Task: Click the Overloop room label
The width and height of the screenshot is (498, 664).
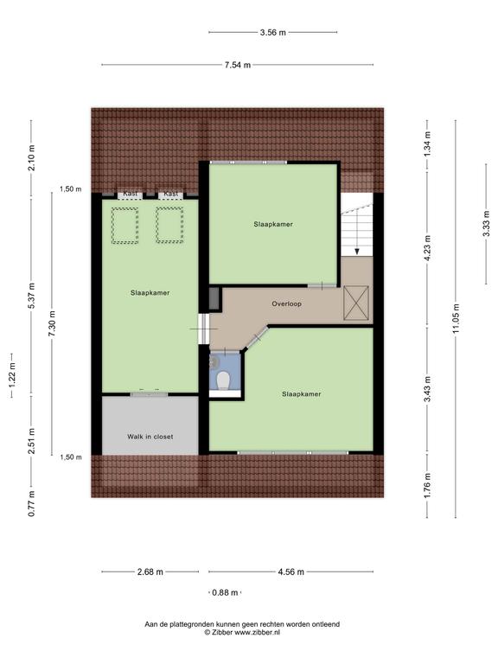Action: [287, 303]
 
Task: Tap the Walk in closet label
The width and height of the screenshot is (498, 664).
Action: [150, 437]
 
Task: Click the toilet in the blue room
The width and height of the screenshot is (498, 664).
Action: [223, 380]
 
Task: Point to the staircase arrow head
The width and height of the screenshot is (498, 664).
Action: [357, 251]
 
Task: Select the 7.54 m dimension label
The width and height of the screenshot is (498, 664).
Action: [238, 65]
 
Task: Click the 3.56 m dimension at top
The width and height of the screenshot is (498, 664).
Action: [272, 32]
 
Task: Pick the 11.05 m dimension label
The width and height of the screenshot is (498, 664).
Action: [456, 318]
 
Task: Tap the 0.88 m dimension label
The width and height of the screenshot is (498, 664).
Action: [225, 592]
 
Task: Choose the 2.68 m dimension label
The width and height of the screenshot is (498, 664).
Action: [150, 571]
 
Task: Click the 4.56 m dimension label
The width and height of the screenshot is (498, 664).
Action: [290, 571]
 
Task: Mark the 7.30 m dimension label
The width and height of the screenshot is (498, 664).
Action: [52, 323]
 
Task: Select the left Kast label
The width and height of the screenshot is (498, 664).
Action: [130, 194]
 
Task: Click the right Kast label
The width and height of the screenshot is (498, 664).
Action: [170, 194]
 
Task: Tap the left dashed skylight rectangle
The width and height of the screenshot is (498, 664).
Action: [124, 226]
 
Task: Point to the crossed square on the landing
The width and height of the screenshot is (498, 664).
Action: [356, 303]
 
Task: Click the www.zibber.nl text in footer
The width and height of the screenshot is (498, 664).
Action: [258, 632]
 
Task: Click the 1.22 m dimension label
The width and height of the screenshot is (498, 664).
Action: [12, 374]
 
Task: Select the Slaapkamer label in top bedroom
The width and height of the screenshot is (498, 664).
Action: [273, 224]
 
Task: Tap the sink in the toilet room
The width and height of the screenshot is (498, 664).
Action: [213, 361]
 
